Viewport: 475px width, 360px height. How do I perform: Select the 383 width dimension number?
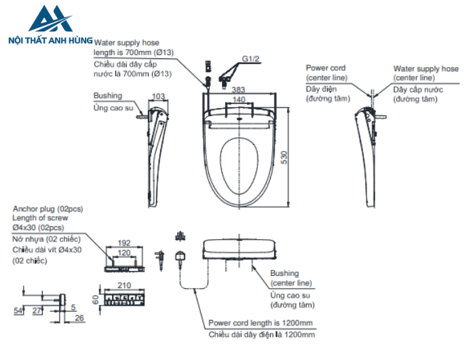[x=238, y=90]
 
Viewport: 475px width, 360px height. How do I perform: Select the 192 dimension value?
[x=123, y=242]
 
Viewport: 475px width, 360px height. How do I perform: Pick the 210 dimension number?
[x=123, y=286]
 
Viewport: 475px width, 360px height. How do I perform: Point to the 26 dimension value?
[x=79, y=318]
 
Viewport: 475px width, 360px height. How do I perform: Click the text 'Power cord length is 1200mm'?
[x=261, y=323]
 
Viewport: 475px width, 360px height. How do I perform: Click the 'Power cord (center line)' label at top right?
[x=326, y=73]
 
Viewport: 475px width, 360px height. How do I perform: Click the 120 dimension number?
[x=123, y=251]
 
